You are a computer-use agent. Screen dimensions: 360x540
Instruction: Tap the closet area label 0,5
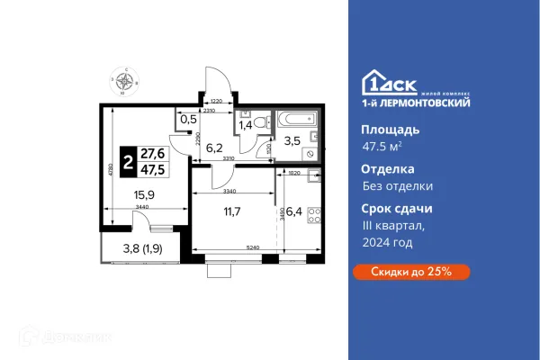(x=188, y=119)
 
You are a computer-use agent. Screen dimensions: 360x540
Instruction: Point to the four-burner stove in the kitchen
(x=314, y=215)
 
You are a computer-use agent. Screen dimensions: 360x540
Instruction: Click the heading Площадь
(x=382, y=130)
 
